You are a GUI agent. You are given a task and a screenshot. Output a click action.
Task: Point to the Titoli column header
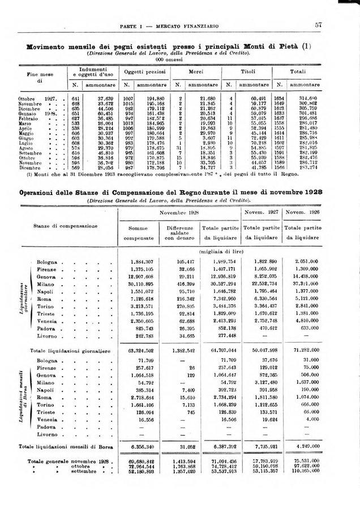pos(247,72)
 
